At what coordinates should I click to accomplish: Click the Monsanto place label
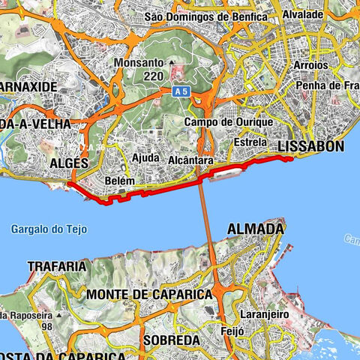[x=141, y=64]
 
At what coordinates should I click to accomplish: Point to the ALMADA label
[x=256, y=227]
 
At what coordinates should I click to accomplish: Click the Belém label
[x=121, y=181]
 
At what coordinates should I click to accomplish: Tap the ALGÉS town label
[x=69, y=163]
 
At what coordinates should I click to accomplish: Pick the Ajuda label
[x=145, y=158]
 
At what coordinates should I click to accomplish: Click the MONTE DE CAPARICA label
[x=149, y=295]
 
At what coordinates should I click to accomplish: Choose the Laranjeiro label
[x=261, y=314]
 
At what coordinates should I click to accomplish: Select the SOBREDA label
[x=172, y=340]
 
